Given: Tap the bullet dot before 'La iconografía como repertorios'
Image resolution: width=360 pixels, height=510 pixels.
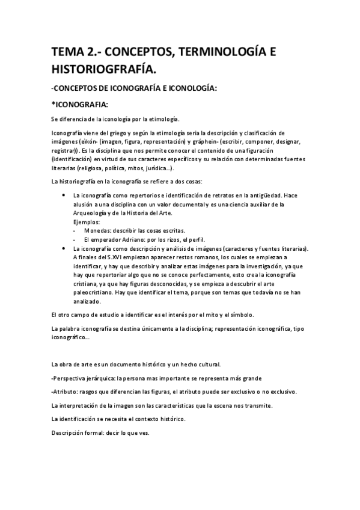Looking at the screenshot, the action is point(64,195).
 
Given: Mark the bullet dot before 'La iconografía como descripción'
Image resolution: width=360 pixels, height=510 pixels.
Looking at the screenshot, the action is point(64,248).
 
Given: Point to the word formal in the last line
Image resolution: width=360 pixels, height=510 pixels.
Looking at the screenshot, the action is point(94,432).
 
